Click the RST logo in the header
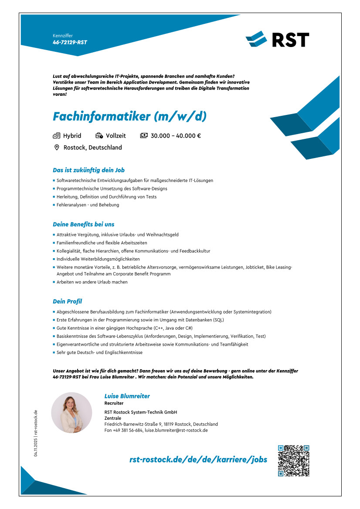point(277,39)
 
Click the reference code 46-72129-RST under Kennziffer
point(70,42)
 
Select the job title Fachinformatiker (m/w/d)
point(129,117)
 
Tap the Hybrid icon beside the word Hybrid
point(56,136)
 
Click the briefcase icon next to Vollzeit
point(99,136)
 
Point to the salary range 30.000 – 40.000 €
point(175,136)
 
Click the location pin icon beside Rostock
point(57,148)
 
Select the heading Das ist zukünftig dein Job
point(88,170)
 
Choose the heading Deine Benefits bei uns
point(83,224)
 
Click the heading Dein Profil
point(67,301)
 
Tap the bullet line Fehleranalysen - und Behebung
point(88,205)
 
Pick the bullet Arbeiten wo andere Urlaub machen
point(92,282)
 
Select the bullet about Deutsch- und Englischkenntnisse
point(99,352)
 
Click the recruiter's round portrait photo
point(71,413)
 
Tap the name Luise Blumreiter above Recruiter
point(127,396)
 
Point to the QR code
point(293,460)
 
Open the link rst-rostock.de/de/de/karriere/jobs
point(198,460)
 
